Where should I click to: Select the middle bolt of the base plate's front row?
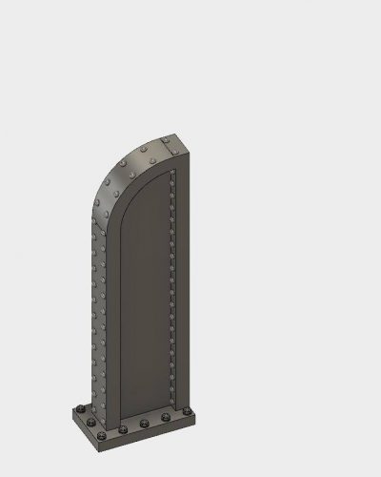[x=143, y=423]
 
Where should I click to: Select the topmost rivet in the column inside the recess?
[x=171, y=178]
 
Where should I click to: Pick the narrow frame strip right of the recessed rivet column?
[x=181, y=286]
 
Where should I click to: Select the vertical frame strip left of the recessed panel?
[x=110, y=315]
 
